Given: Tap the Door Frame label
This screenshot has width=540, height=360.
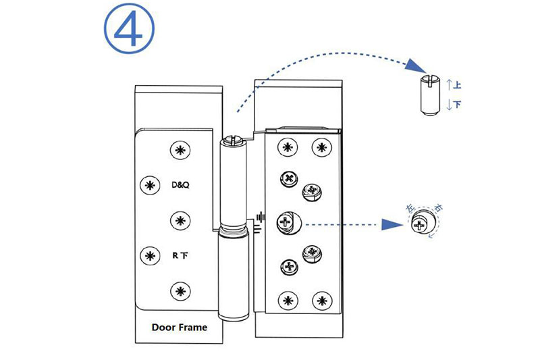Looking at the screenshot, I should click(179, 328).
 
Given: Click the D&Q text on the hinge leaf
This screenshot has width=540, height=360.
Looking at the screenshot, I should click(180, 184).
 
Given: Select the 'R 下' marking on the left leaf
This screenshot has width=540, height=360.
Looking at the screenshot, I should click(180, 256).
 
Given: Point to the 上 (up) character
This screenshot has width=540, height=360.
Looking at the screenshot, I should click(458, 86).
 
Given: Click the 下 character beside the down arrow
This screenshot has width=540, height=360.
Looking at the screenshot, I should click(458, 105).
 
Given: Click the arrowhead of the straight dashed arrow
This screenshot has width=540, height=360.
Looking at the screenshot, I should click(394, 224).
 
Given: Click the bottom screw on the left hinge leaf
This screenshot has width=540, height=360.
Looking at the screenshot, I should click(180, 292).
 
